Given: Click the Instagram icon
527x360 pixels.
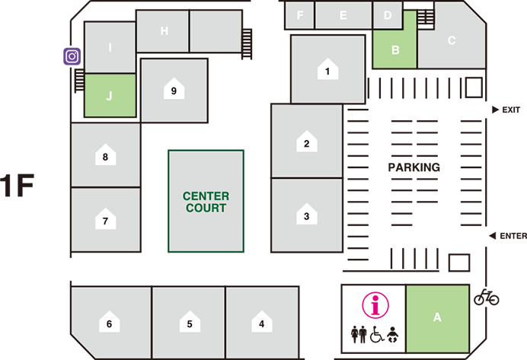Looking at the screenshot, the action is [72, 56].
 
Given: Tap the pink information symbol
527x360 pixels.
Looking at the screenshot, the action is [375, 305].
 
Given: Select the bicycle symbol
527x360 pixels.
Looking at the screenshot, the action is [487, 297].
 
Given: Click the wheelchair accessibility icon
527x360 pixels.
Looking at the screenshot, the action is [377, 334].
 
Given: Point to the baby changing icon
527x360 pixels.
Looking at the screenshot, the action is [392, 334].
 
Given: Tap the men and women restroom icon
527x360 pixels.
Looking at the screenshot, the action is [359, 334].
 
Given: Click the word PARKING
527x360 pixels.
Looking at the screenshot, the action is [414, 167].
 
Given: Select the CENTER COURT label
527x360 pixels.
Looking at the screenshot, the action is [206, 202].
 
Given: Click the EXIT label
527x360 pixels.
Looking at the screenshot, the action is [511, 110].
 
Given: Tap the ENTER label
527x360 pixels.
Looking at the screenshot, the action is [513, 236].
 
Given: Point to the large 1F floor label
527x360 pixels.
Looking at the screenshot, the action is [17, 186].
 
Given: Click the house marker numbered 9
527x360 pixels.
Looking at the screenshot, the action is [174, 88].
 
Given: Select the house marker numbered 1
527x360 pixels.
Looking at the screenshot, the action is [327, 68].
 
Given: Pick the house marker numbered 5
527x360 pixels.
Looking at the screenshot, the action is [190, 321].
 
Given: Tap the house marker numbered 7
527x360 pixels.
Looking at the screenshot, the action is [106, 218].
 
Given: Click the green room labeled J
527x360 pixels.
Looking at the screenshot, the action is [110, 95].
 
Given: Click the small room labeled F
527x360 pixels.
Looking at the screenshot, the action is [300, 15].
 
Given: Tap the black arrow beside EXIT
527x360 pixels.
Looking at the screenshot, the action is [495, 110].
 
